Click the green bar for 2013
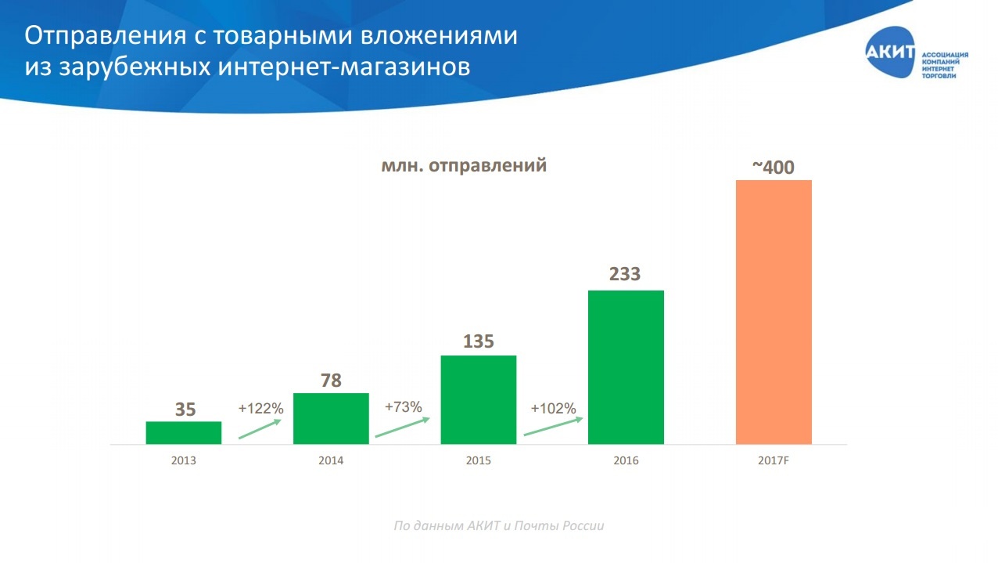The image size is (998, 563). click(184, 432)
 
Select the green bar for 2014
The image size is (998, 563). click(331, 418)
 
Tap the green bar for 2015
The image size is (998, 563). click(479, 399)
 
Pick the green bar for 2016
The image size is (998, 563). click(626, 366)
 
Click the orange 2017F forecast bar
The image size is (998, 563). click(774, 312)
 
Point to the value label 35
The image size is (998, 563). click(185, 410)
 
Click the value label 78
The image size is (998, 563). click(331, 381)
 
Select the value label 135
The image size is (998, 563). click(479, 342)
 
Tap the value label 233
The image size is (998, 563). click(625, 274)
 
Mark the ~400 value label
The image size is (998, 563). click(774, 167)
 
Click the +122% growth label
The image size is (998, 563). click(260, 408)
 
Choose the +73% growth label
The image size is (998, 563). click(403, 406)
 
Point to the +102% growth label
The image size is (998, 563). click(553, 408)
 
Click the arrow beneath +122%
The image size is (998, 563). click(259, 429)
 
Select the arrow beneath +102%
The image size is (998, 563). click(553, 426)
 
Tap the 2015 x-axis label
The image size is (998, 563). click(478, 460)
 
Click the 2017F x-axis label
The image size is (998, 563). click(774, 460)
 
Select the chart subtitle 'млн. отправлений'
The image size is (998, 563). click(464, 166)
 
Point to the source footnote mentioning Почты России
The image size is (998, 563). click(498, 525)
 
